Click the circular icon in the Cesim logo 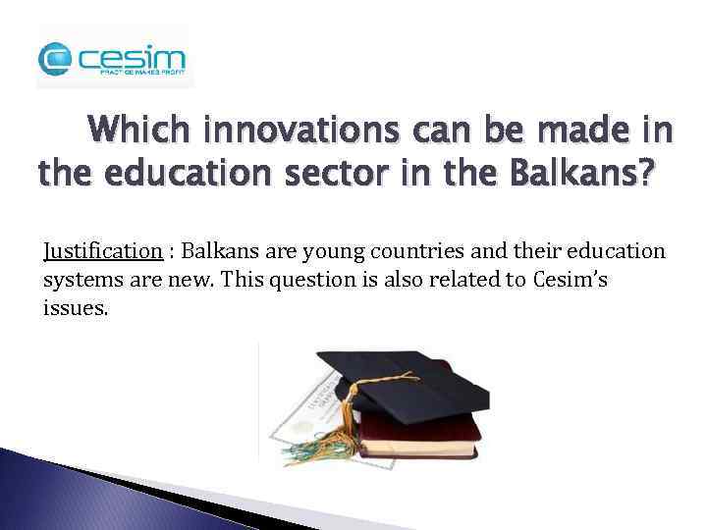(56, 61)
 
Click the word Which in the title (151, 131)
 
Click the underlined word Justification (102, 251)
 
